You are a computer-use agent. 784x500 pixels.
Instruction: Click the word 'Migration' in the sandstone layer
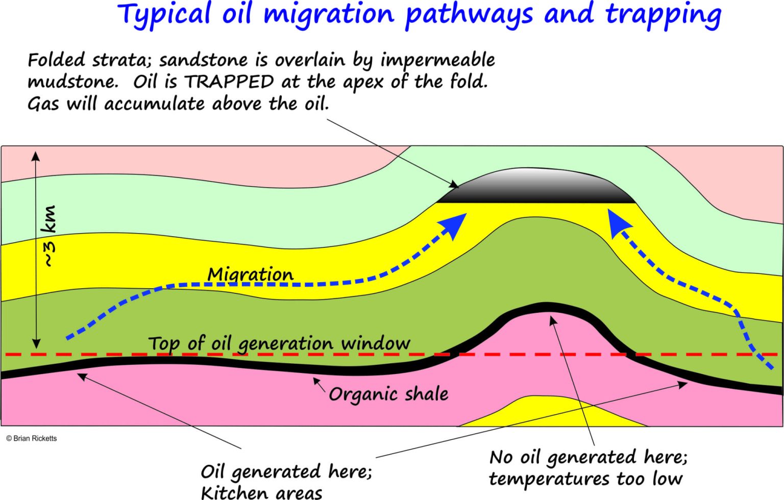[x=250, y=274]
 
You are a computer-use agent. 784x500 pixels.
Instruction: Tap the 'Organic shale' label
[x=388, y=394]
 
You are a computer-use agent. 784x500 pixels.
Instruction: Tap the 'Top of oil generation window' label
[x=279, y=343]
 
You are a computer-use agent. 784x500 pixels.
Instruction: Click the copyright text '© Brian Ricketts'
[x=32, y=438]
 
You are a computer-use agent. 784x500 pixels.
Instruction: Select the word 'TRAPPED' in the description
[x=229, y=82]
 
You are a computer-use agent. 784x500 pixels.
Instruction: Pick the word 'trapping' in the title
[x=663, y=15]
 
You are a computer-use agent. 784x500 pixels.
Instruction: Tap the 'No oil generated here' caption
[x=588, y=458]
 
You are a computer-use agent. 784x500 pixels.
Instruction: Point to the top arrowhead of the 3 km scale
[x=36, y=156]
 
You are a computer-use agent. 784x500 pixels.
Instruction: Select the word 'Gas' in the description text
[x=43, y=104]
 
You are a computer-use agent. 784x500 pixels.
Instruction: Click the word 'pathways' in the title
[x=469, y=15]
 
